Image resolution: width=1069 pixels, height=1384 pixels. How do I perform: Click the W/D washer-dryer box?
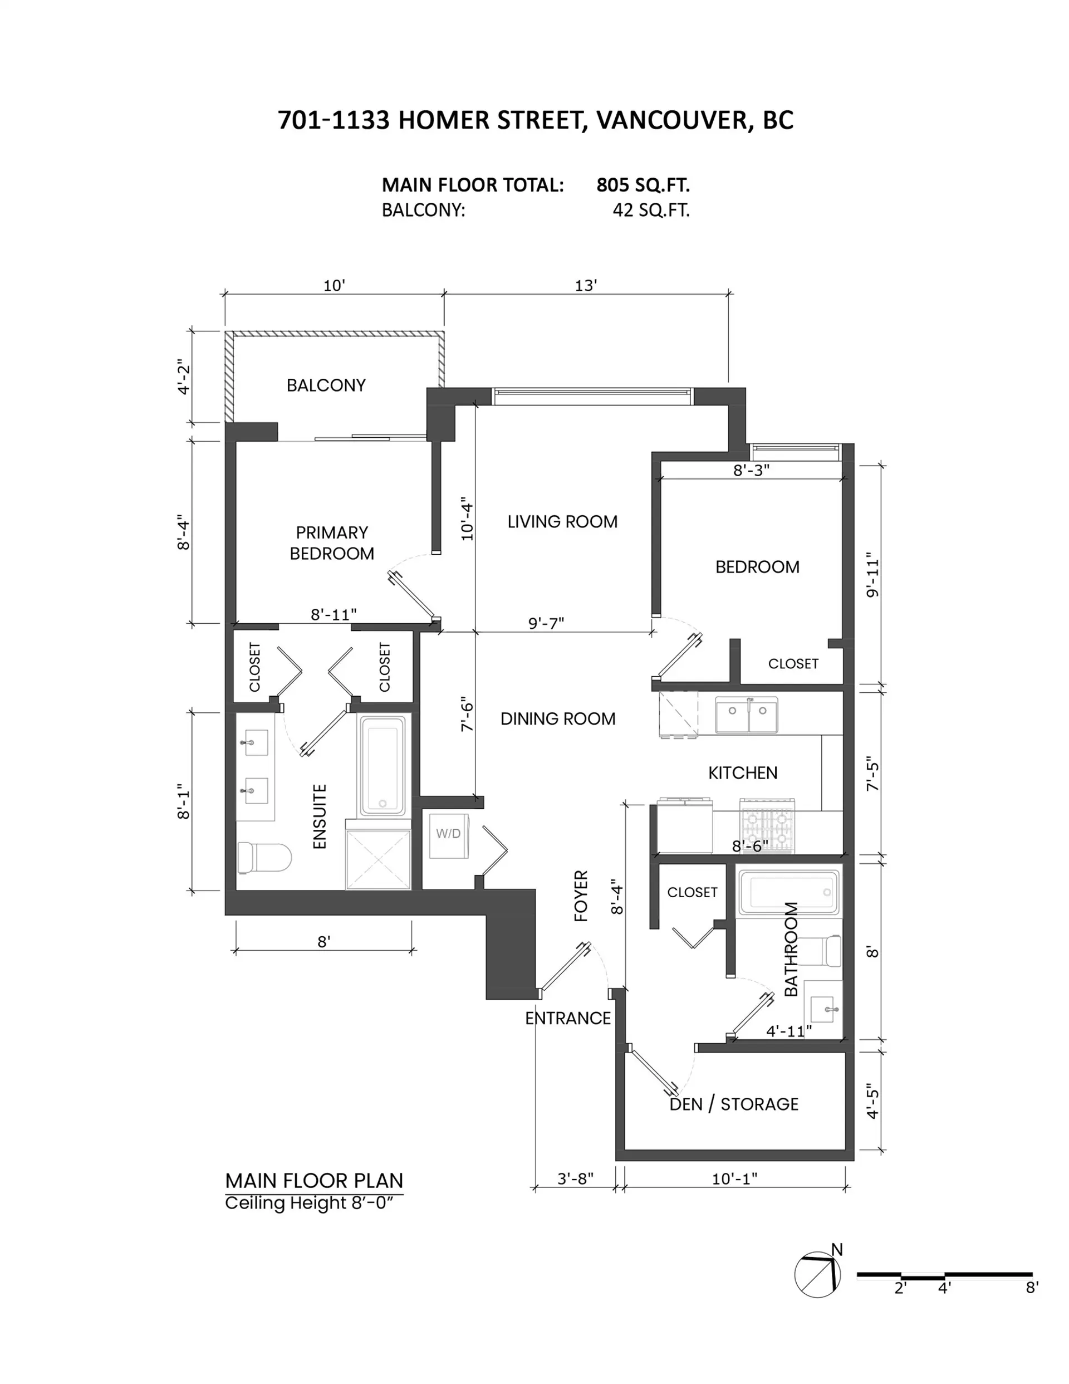(x=449, y=835)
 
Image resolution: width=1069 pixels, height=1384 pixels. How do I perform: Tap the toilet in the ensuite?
(x=263, y=857)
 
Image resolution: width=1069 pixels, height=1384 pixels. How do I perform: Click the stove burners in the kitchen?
(x=767, y=825)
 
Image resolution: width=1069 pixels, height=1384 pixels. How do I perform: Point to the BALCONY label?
(x=326, y=385)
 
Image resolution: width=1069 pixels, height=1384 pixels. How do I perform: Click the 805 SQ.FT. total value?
(x=643, y=185)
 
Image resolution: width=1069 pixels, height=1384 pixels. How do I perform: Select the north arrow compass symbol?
(x=817, y=1274)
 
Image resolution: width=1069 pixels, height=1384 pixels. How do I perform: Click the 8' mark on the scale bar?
(x=1032, y=1288)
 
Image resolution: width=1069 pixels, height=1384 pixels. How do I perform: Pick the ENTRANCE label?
(x=568, y=1018)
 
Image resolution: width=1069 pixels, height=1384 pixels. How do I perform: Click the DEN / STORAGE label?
(x=734, y=1104)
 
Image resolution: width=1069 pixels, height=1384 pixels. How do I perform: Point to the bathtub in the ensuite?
(x=382, y=765)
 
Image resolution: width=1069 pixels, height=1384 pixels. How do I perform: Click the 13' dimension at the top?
(x=586, y=286)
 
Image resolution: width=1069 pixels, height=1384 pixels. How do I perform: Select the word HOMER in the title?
(x=444, y=120)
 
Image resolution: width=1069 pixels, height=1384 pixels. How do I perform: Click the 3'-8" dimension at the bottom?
(x=575, y=1178)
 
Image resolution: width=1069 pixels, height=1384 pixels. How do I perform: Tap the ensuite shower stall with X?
(x=377, y=859)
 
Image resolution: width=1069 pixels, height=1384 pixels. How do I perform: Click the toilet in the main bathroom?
(x=826, y=951)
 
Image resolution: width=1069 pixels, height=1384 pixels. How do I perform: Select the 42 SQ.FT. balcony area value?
(x=651, y=211)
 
